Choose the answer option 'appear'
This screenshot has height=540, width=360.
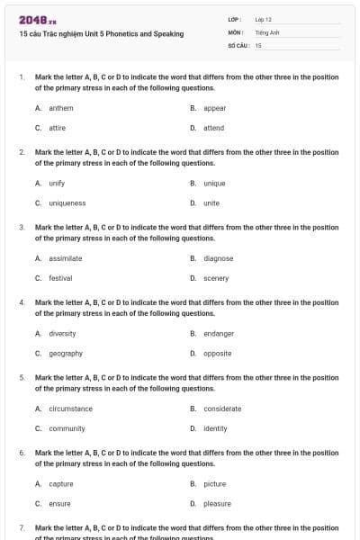pos(214,108)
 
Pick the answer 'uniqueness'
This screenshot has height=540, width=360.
pos(67,203)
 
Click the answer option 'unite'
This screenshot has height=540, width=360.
pos(211,203)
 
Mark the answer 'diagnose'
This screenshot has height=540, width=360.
pos(219,258)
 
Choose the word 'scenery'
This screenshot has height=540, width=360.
pos(216,278)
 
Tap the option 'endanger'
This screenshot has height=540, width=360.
pos(219,334)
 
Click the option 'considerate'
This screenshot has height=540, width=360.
pos(222,409)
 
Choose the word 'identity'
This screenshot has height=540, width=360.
pos(215,428)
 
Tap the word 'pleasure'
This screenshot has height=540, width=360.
pos(217,504)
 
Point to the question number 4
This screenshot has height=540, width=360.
pos(22,303)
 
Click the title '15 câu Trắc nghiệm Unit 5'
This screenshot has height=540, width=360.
pos(101,34)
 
